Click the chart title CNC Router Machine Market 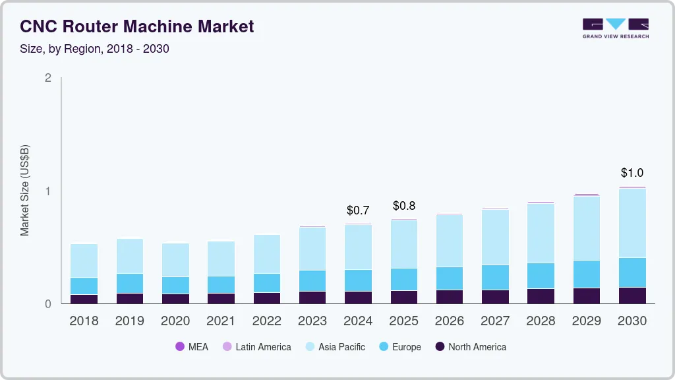[x=136, y=26]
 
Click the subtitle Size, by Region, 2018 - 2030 [x=94, y=49]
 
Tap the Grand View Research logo [x=615, y=28]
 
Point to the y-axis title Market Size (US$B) [x=25, y=190]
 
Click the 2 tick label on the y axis [x=47, y=78]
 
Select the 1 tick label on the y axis [x=47, y=191]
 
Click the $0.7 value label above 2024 [x=358, y=210]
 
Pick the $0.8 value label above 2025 [x=404, y=205]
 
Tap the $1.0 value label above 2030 [x=632, y=173]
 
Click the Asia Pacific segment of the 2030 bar [x=632, y=223]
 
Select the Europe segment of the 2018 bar [x=84, y=286]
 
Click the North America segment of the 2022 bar [x=267, y=298]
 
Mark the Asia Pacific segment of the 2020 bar [x=175, y=260]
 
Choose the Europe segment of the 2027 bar [x=495, y=277]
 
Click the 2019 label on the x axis [x=129, y=321]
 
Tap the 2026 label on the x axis [x=450, y=321]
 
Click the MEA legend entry [x=192, y=347]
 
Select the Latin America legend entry [x=257, y=347]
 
